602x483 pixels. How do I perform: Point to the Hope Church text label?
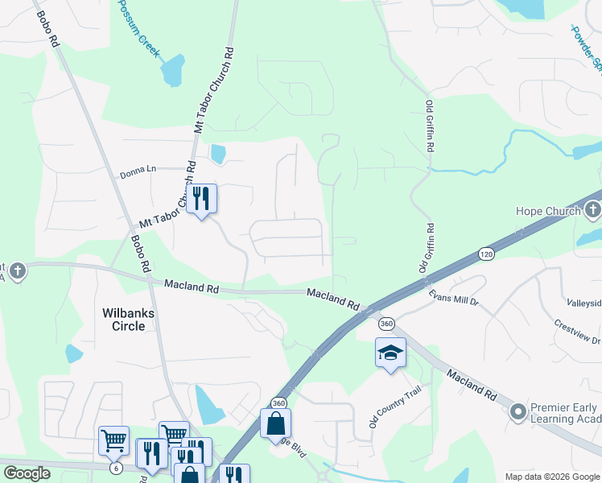[x=547, y=211]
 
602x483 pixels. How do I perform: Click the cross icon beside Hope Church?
[x=592, y=211]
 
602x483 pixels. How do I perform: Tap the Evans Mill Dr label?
[x=453, y=297]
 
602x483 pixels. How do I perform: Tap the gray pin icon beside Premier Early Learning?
[x=517, y=413]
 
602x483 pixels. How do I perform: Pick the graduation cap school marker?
[x=390, y=353]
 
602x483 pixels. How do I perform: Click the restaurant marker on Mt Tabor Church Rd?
[x=201, y=197]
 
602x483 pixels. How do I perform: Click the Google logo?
[x=27, y=473]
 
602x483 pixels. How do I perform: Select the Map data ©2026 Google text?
[x=552, y=477]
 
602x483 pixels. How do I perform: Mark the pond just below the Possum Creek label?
[x=172, y=72]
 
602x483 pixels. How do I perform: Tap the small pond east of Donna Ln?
[x=217, y=153]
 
